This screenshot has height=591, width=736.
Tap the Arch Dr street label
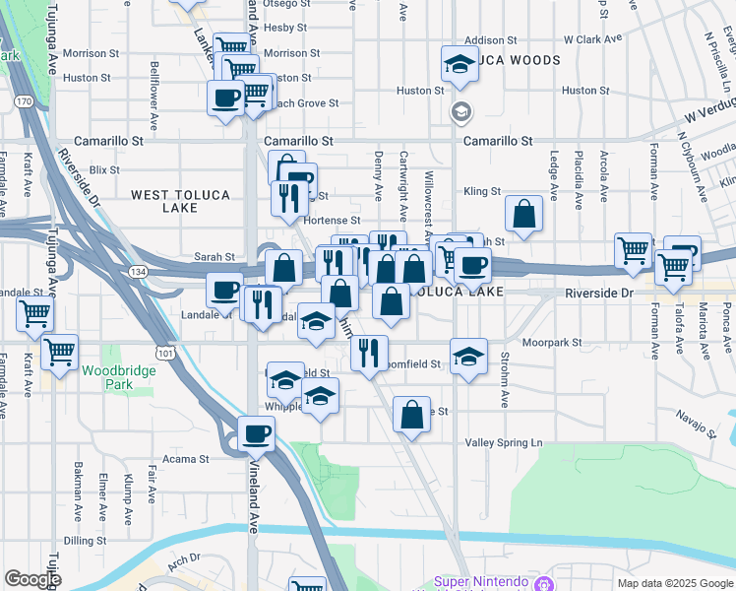coord(183,559)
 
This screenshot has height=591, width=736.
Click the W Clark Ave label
coord(593,40)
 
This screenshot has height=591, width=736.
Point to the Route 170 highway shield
coord(25,100)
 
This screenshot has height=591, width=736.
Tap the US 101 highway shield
coord(163,353)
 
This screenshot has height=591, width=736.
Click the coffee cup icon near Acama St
coord(256,432)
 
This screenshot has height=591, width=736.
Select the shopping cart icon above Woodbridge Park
coord(59,350)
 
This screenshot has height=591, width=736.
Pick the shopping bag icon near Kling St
coord(524,213)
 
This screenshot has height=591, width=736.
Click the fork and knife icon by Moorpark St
coord(369,352)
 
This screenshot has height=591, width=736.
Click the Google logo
coord(33,579)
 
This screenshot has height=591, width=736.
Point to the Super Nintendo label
coord(481,581)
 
